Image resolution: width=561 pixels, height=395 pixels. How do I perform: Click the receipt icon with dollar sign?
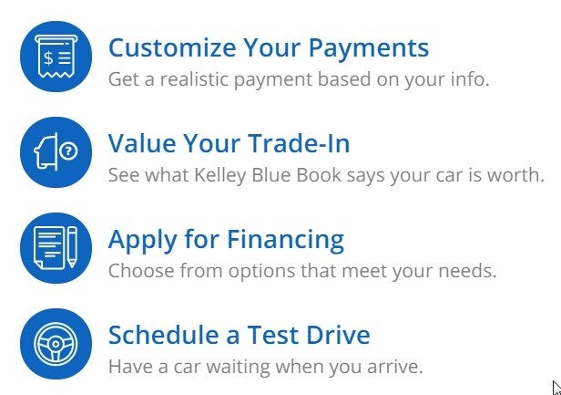[x=56, y=57]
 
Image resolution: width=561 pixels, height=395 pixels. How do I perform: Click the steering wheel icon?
[x=56, y=345]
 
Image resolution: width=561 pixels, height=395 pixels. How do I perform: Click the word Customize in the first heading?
[x=169, y=47]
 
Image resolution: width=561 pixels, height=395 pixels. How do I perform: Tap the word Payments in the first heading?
[x=364, y=47]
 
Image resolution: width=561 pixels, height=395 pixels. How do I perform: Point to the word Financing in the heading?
[x=287, y=239]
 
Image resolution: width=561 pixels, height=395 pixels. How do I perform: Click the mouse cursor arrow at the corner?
[x=555, y=386]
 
